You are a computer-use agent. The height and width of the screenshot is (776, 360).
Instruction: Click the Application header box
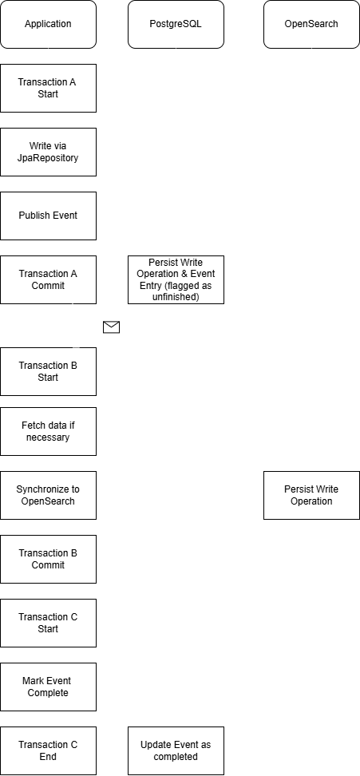[x=48, y=24]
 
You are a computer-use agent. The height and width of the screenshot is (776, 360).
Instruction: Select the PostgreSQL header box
[x=176, y=24]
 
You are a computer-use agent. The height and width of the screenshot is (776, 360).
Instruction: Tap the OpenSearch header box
[x=311, y=24]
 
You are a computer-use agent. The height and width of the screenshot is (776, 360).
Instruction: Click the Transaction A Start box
[x=48, y=88]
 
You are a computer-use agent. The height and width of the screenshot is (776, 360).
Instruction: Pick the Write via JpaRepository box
[x=48, y=152]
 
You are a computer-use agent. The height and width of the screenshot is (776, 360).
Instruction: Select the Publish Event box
[x=48, y=216]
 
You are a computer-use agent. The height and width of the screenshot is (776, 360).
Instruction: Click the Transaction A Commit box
[x=48, y=279]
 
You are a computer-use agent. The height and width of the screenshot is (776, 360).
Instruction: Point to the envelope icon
[x=111, y=327]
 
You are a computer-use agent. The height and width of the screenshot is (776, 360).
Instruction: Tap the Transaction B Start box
[x=48, y=372]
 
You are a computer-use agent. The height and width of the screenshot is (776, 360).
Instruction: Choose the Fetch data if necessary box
[x=48, y=432]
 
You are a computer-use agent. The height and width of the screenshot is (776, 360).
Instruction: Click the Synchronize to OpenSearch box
[x=48, y=496]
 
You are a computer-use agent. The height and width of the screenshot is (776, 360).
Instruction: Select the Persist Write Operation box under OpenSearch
[x=311, y=496]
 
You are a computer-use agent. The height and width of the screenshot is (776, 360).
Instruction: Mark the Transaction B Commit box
[x=48, y=559]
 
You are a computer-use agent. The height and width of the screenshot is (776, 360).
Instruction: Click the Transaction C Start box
[x=48, y=623]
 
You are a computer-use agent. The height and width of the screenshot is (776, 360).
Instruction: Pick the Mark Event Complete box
[x=48, y=687]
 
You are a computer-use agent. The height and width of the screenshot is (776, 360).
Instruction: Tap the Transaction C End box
[x=48, y=750]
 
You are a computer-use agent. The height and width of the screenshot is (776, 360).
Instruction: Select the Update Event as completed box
[x=176, y=750]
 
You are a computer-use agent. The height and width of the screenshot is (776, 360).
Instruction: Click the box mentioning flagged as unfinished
[x=176, y=279]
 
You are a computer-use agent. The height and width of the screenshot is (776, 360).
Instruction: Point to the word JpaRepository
[x=48, y=158]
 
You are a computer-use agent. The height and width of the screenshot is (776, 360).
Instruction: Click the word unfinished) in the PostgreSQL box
[x=176, y=297]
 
